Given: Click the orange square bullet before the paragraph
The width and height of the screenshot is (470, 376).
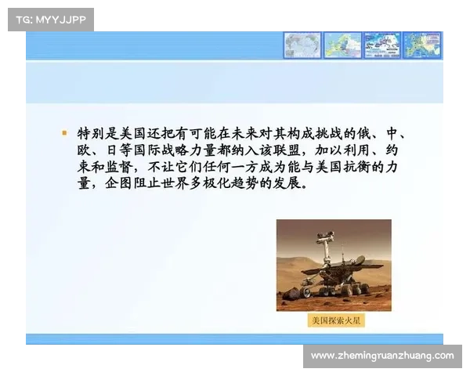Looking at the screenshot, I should tap(65, 133).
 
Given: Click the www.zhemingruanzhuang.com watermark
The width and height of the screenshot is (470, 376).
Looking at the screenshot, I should tap(381, 356).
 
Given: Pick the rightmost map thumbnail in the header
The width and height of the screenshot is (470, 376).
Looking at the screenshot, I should tap(425, 45).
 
